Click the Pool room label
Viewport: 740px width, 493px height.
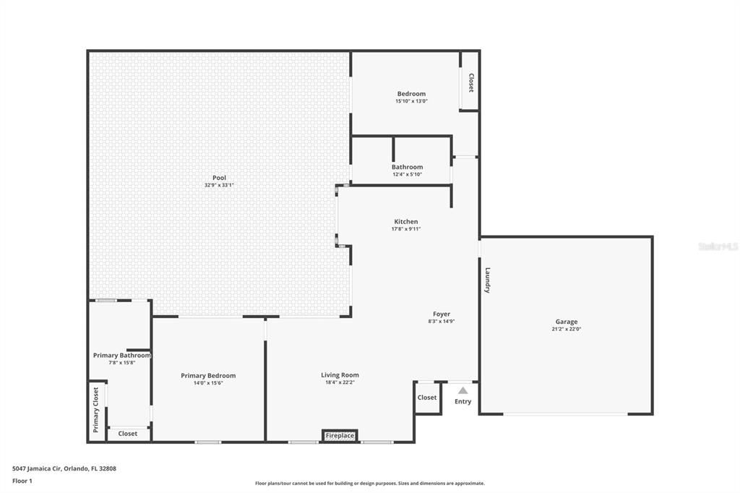(x=219, y=178)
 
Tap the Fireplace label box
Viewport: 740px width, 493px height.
(x=340, y=435)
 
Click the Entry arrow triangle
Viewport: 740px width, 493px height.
(x=462, y=390)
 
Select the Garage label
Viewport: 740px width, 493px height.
(x=567, y=322)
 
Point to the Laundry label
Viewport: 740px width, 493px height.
(x=488, y=280)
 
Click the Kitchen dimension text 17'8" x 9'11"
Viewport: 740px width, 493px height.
(x=406, y=229)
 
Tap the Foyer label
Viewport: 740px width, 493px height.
(x=442, y=314)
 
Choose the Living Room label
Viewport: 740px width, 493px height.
(x=340, y=375)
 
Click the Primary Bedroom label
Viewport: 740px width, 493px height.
(x=208, y=376)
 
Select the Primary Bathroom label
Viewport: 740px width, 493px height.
(x=122, y=355)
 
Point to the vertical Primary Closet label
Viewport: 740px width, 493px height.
(x=95, y=410)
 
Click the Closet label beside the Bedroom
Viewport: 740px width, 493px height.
(x=471, y=83)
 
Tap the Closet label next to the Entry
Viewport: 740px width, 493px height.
(x=427, y=398)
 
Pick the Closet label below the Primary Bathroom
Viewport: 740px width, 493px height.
(x=128, y=434)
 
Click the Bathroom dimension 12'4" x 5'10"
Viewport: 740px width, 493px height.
(x=408, y=174)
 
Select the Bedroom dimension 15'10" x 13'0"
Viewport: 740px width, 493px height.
(x=411, y=101)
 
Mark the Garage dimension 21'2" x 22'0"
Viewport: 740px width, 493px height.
(x=567, y=329)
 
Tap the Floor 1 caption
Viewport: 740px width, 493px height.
(x=22, y=481)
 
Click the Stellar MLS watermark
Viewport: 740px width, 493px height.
(x=718, y=246)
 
